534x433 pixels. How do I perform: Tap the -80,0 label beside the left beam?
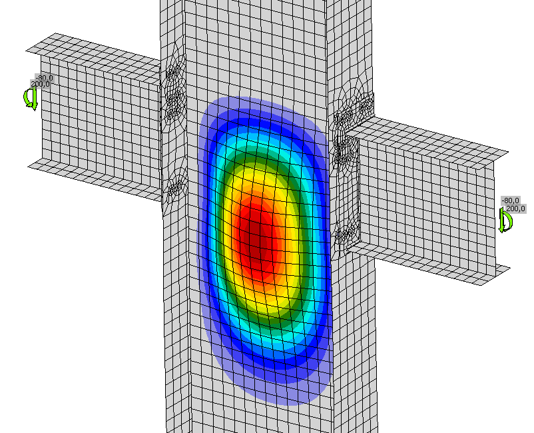tap(44, 78)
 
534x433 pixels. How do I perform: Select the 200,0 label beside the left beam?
tap(40, 84)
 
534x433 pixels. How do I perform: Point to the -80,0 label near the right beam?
tap(510, 201)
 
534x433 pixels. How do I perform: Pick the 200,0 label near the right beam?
tap(515, 209)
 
